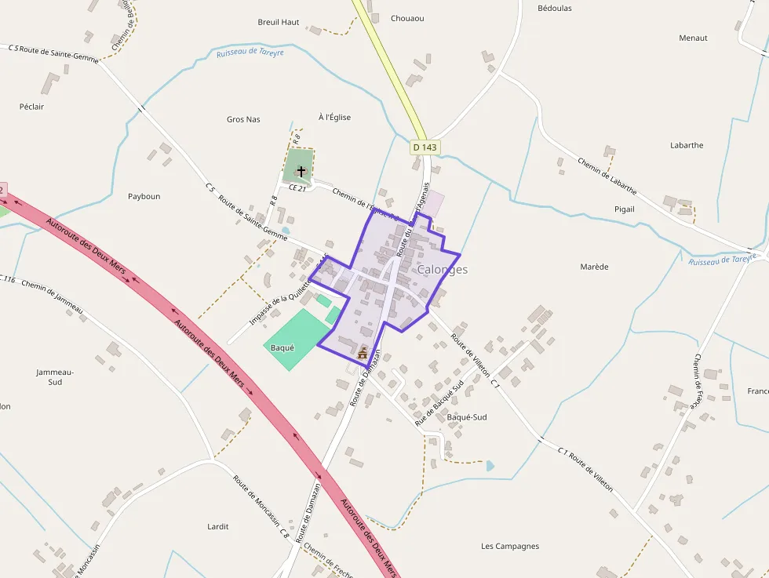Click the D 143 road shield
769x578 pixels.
coord(425,147)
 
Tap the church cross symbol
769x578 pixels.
coord(301,170)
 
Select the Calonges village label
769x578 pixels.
coord(443,270)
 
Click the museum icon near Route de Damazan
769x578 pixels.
coord(363,354)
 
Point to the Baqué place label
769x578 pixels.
coord(282,347)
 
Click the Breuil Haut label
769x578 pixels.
coord(279,22)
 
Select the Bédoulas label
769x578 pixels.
coord(555,9)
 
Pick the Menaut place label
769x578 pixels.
coord(693,38)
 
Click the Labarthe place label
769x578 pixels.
coord(687,145)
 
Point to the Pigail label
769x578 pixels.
coord(625,209)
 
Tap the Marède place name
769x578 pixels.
coord(594,267)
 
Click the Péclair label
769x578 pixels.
coord(31,107)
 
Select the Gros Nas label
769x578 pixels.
coord(243,119)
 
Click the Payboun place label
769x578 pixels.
coord(144,196)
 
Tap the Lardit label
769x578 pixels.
coord(217,526)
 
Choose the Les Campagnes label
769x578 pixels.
coord(510,546)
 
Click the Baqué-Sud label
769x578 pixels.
coord(466,417)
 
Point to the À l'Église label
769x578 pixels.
coord(334,118)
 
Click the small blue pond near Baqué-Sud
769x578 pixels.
coord(490,465)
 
